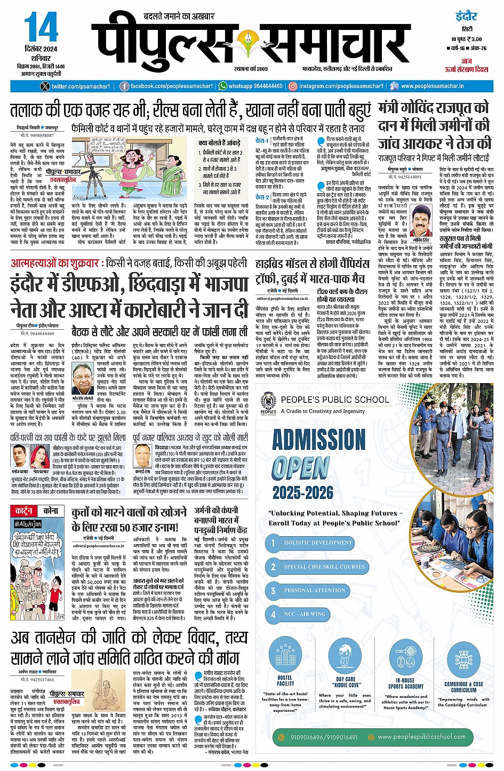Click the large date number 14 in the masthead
pyautogui.click(x=41, y=28)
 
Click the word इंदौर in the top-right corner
pyautogui.click(x=466, y=16)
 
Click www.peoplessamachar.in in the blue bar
pyautogui.click(x=432, y=86)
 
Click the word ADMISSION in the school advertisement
pyautogui.click(x=319, y=440)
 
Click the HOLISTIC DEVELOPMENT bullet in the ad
pyautogui.click(x=317, y=543)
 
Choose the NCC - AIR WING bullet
pyautogui.click(x=304, y=614)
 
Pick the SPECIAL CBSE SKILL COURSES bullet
pyautogui.click(x=324, y=567)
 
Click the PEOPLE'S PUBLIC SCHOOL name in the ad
pyautogui.click(x=334, y=400)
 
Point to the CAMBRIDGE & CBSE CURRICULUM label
pyautogui.click(x=463, y=687)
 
